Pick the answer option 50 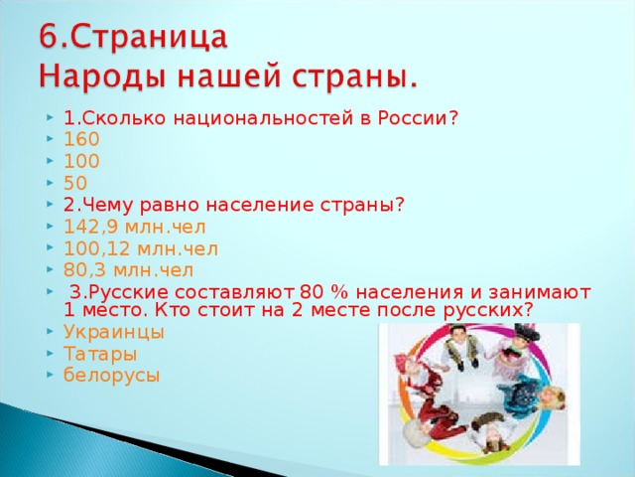click(x=74, y=183)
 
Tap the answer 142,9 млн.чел click(x=134, y=226)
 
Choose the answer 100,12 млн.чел click(x=140, y=247)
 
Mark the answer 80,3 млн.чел click(x=128, y=269)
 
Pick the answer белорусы click(x=110, y=375)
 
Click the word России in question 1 click(x=423, y=118)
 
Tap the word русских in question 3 click(x=492, y=310)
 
